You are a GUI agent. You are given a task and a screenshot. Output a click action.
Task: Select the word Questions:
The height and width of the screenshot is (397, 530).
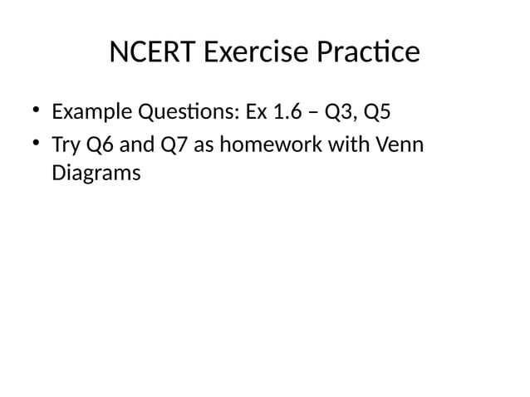178,110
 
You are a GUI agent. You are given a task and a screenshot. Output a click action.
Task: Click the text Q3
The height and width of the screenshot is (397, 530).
340,110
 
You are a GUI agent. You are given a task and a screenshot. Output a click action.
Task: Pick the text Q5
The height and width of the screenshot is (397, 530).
379,110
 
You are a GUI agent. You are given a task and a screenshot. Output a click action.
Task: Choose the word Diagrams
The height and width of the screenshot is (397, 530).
96,174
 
